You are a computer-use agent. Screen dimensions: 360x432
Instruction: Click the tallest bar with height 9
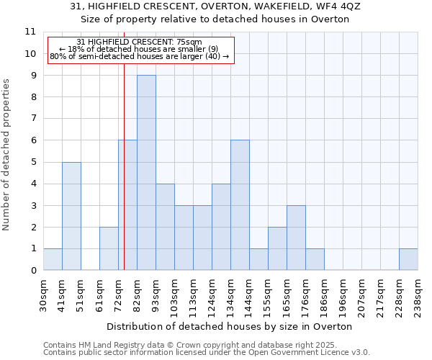[x=146, y=173]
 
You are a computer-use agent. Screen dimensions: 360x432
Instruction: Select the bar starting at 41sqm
[x=71, y=216]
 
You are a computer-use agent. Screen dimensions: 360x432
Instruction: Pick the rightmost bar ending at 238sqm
[x=408, y=260]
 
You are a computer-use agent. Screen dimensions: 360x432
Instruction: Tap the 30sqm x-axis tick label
[x=44, y=295]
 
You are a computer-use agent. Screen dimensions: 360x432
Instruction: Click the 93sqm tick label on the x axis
[x=156, y=295]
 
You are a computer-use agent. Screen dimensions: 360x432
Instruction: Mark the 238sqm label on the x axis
[x=418, y=295]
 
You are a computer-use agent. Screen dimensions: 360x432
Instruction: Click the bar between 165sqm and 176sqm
[x=296, y=238]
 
